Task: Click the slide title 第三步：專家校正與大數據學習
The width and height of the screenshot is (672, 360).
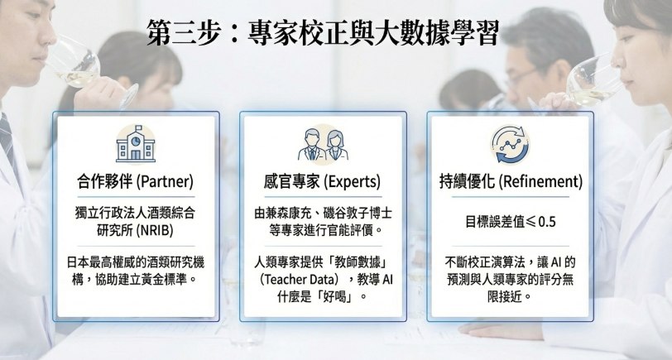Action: (x=322, y=32)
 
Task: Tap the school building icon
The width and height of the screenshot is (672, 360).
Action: (x=136, y=145)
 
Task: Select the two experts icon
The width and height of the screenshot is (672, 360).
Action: (x=323, y=145)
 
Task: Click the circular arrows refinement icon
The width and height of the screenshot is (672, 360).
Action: (x=510, y=145)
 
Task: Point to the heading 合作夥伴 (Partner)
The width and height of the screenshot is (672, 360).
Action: (x=135, y=182)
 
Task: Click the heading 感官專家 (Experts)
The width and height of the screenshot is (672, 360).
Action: (x=322, y=182)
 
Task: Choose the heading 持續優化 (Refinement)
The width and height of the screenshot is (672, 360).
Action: (x=511, y=182)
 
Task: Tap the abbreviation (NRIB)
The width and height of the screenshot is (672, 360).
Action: (x=155, y=231)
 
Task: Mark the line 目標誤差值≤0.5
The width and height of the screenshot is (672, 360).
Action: (x=511, y=222)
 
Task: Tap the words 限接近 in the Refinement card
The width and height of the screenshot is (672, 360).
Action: (x=505, y=296)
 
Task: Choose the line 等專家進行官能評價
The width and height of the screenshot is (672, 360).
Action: (x=321, y=231)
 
